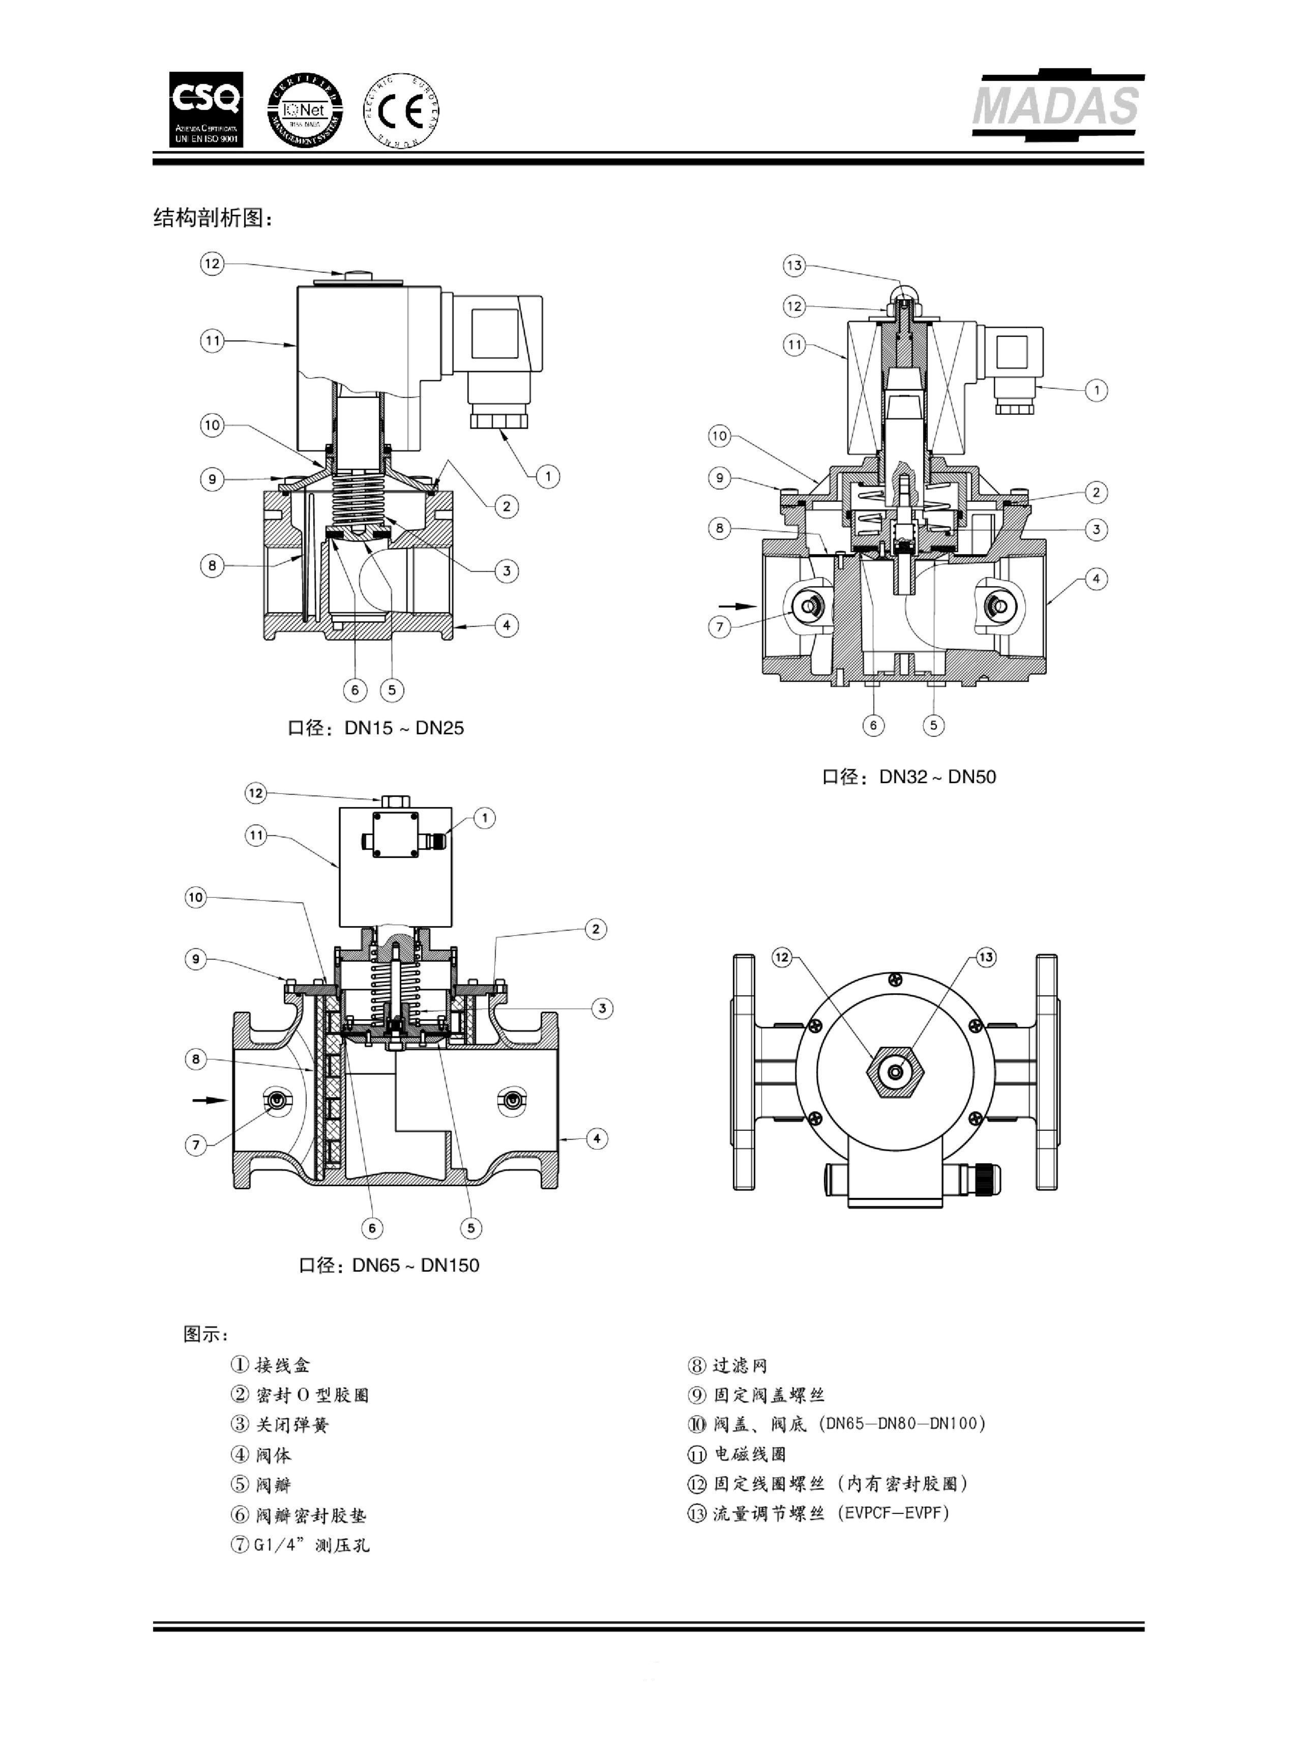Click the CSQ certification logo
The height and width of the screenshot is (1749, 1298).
coord(206,109)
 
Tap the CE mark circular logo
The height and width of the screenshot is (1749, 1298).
coord(401,111)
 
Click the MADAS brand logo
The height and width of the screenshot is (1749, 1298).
coord(1057,106)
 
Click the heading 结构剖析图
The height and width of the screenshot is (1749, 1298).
coord(213,218)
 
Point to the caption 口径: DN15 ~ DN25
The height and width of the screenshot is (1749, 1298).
coord(375,728)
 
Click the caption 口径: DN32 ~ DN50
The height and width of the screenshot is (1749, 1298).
coord(908,777)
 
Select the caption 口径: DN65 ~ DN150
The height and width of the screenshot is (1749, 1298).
coord(389,1265)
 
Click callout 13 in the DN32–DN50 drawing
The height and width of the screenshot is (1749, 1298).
coord(794,265)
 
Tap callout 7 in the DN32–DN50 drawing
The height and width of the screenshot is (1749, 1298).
coord(720,626)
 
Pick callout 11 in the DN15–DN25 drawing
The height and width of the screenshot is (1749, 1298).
coord(212,340)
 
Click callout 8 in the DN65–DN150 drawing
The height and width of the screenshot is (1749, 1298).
coord(196,1059)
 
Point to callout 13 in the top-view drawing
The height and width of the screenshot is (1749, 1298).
coord(985,957)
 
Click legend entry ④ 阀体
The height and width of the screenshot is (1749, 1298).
coord(261,1455)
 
